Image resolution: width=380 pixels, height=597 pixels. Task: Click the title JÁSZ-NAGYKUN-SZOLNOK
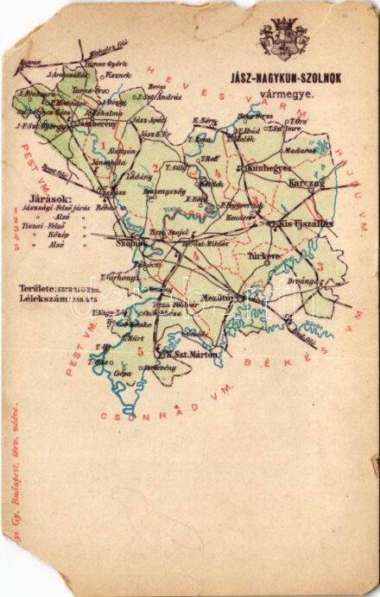[288, 75]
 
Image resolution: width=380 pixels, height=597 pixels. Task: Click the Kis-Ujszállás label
[305, 223]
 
